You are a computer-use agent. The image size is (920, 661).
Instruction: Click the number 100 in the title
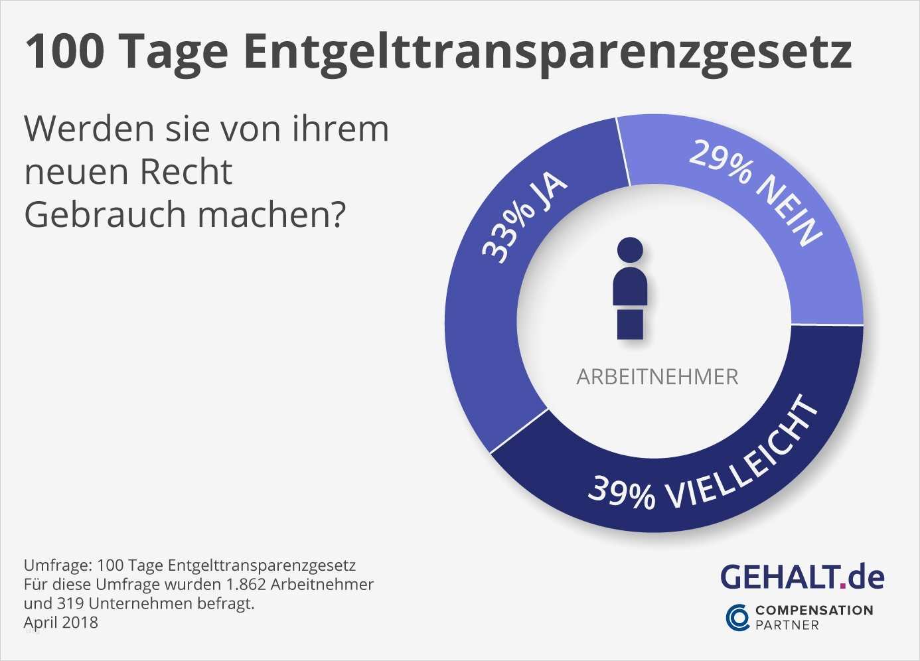[x=65, y=52]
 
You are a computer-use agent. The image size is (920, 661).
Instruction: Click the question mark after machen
[x=338, y=214]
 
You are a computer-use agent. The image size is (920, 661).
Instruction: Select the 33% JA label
[x=524, y=218]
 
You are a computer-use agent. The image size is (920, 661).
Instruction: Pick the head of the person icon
[x=630, y=250]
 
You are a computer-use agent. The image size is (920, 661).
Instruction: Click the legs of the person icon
[x=630, y=325]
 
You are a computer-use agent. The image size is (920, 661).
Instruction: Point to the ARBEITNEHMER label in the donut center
[x=657, y=377]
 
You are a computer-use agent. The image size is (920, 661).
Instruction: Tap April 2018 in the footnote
[x=60, y=623]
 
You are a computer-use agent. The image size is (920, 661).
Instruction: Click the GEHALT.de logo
[x=802, y=577]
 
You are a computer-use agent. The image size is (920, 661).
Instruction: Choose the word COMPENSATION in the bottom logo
[x=814, y=610]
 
